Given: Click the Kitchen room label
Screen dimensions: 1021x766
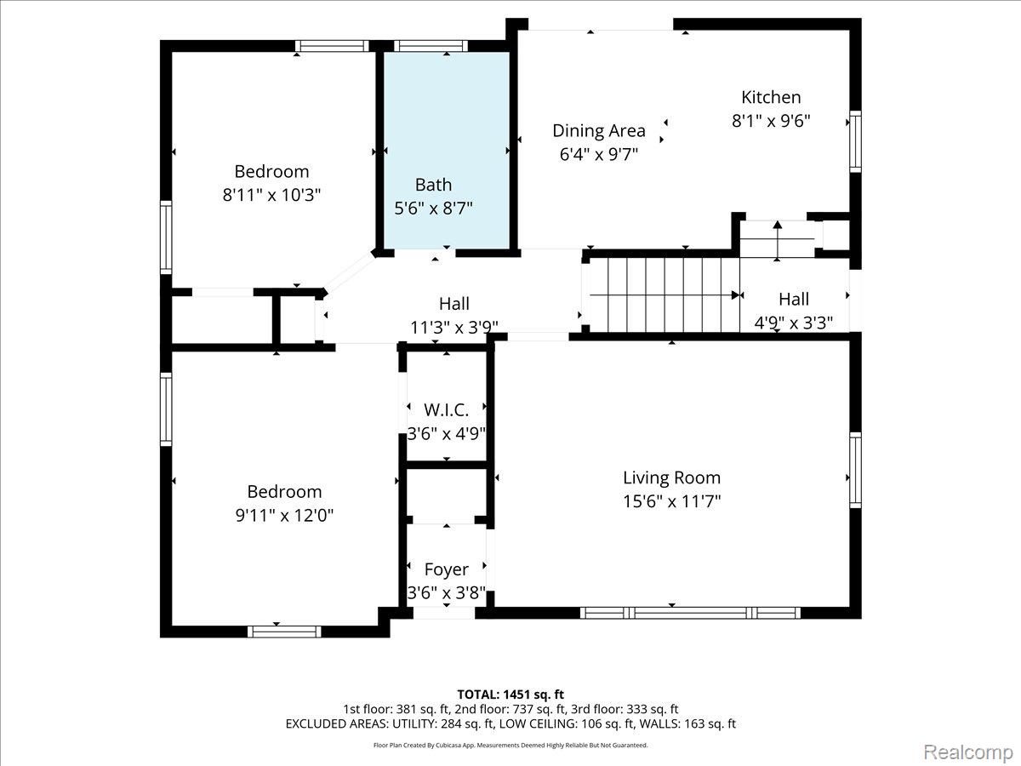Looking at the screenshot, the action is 771,97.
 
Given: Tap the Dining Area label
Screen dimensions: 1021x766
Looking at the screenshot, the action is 599,131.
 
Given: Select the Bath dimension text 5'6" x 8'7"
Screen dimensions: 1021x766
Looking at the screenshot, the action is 433,208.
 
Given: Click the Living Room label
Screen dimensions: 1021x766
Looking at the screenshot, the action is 671,477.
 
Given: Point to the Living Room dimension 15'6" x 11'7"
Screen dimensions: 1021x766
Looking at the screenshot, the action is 671,501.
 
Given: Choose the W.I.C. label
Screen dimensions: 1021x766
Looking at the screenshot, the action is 446,410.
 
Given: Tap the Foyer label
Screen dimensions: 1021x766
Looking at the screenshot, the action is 446,569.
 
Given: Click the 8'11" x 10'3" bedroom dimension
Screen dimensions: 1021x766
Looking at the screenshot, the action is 271,194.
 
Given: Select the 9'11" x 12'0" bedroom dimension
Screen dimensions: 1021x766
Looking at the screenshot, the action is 284,515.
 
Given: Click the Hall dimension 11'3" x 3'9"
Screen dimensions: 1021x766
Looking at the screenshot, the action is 454,328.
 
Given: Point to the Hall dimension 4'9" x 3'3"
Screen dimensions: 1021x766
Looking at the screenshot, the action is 794,323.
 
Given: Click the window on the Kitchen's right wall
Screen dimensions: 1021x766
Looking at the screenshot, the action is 855,141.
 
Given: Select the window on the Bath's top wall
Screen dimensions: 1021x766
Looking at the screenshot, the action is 431,46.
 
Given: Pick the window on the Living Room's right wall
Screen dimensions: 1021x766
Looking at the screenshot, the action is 855,470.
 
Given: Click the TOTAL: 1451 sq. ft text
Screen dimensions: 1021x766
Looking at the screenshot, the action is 510,695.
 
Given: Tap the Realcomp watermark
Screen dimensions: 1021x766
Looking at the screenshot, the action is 968,752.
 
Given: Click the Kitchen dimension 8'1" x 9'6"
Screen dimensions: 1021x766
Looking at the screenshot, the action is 771,121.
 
